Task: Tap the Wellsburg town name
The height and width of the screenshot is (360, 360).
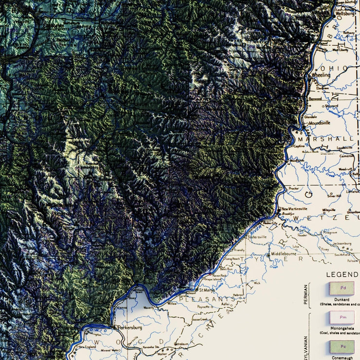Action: point(346,15)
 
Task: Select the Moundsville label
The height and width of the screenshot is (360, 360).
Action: point(317,123)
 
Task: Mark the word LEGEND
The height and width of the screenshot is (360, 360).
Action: point(342,274)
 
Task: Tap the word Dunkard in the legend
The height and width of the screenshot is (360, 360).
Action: point(342,300)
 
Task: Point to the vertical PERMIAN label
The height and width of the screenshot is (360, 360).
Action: point(306,295)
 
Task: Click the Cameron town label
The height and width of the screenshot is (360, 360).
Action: point(347,156)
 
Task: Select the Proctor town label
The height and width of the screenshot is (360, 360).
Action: point(294,188)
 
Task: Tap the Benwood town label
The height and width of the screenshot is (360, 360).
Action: point(315,98)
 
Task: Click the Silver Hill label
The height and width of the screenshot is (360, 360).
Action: point(335,196)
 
